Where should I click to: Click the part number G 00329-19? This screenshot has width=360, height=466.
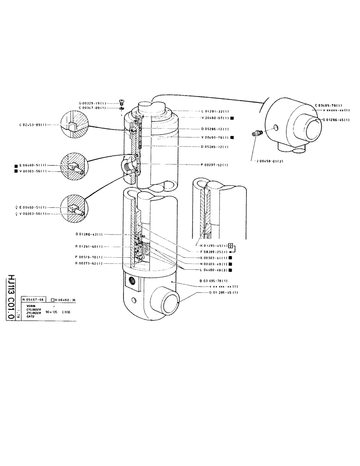93,103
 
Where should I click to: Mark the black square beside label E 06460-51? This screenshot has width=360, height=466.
16,165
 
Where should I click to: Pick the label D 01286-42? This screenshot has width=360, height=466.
89,234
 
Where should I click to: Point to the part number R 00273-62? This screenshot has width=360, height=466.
89,264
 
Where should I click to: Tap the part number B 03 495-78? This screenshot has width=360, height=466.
214,281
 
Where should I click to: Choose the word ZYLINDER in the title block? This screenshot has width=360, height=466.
34,313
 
